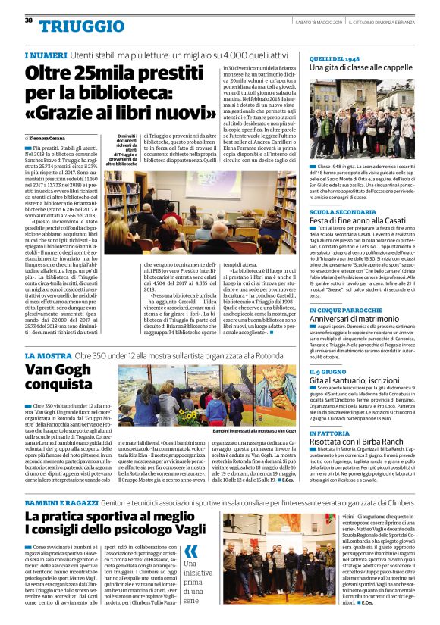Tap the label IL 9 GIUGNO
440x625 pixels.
pos(330,372)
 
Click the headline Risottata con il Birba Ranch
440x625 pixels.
pos(360,442)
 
